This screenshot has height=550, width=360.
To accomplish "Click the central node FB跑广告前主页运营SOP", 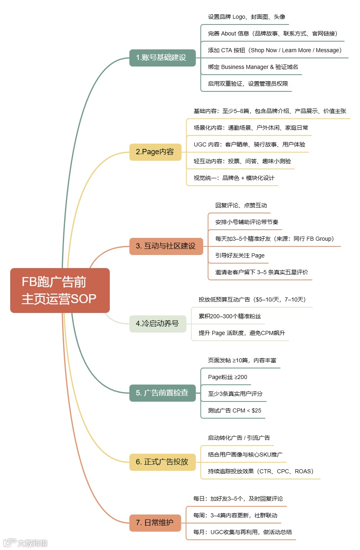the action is coord(60,291).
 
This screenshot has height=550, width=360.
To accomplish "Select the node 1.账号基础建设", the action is coord(162,58).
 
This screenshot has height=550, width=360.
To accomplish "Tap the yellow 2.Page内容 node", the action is coord(156,152).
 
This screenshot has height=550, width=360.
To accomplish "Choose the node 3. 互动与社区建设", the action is coord(166,246).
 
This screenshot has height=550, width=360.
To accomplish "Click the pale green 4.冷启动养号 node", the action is coord(158,324).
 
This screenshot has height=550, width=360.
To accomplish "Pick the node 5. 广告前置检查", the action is coord(162,393).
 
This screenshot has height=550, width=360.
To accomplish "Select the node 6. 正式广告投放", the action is coord(162,462).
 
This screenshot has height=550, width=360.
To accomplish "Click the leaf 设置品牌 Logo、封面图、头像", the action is coord(247,17).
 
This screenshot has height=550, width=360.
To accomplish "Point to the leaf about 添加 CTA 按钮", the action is coord(274,50).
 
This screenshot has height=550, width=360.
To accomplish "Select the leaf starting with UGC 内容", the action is coord(249,144).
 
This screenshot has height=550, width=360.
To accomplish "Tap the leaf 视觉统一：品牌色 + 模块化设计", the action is coord(234,178).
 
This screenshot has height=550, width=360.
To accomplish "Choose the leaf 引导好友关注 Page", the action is coord(240,255).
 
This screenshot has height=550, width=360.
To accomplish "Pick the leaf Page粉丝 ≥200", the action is coord(227,377).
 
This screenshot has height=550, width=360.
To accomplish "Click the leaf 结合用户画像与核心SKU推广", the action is coord(245,455).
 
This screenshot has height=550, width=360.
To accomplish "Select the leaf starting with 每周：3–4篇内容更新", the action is coord(235,515).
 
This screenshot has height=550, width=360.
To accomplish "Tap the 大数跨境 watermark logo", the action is coord(25,543).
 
